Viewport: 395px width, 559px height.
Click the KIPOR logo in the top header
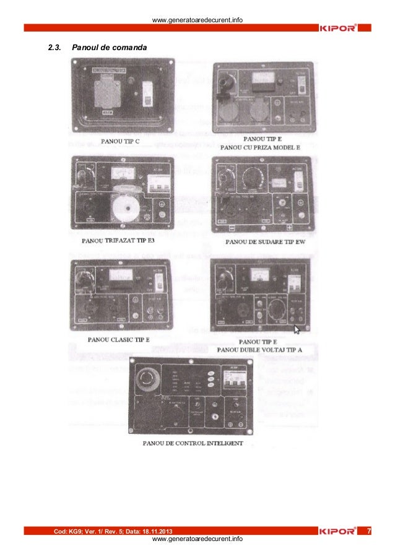click(x=337, y=28)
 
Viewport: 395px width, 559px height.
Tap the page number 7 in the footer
click(x=369, y=531)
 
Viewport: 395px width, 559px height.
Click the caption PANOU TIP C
click(x=120, y=141)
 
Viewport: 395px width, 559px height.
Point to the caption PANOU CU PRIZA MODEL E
click(x=267, y=148)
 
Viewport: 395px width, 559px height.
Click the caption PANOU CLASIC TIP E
click(x=123, y=339)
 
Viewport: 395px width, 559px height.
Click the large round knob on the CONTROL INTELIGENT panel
click(x=152, y=378)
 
